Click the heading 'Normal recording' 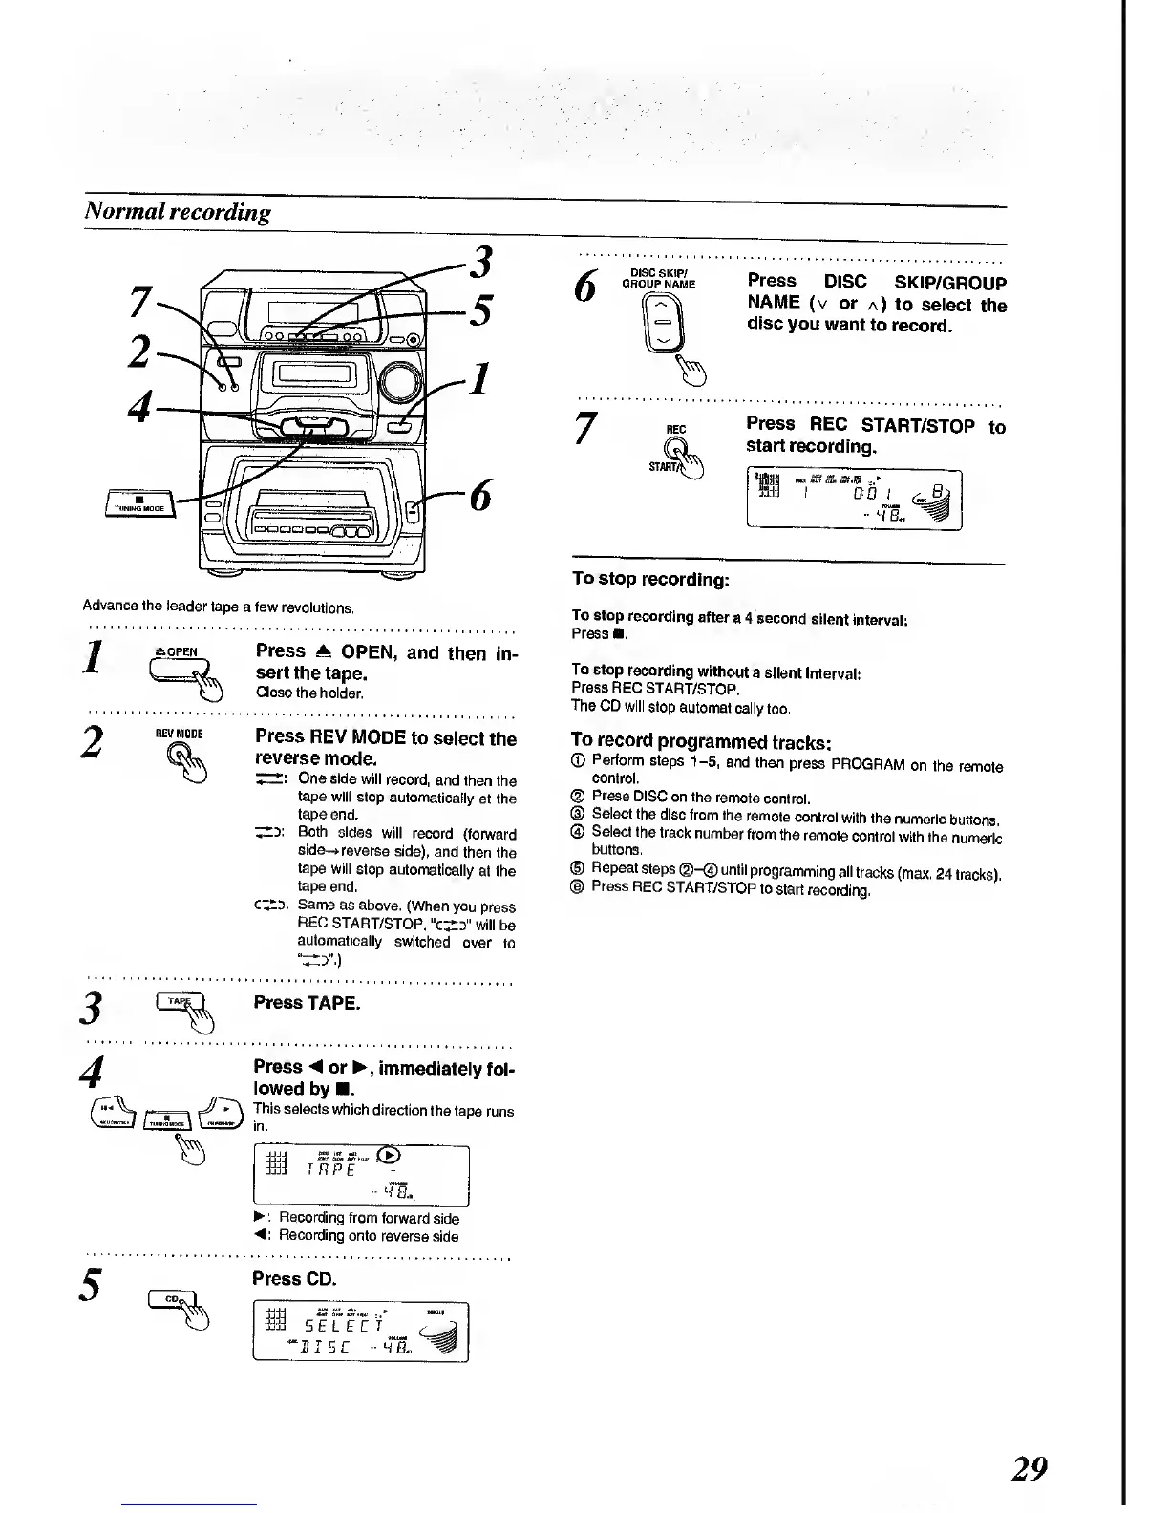[177, 211]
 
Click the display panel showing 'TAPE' [361, 1175]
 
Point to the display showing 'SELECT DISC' [361, 1332]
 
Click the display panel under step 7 [853, 499]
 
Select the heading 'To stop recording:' [650, 579]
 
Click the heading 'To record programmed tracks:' [701, 741]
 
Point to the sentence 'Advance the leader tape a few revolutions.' [219, 607]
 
